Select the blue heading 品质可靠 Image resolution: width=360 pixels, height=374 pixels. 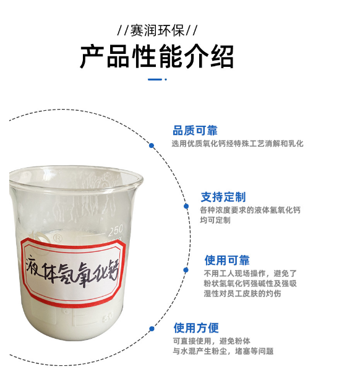[194, 130]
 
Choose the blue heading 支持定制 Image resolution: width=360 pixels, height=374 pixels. [223, 197]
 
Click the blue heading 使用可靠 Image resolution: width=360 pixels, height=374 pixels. [227, 260]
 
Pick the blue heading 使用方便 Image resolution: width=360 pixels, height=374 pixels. [196, 328]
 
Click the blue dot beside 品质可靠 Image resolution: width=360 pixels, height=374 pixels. [152, 146]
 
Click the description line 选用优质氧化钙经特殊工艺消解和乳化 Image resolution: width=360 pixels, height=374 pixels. [238, 144]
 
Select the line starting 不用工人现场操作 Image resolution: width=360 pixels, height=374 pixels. [251, 273]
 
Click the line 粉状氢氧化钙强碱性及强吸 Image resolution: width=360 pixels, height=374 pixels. [251, 284]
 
